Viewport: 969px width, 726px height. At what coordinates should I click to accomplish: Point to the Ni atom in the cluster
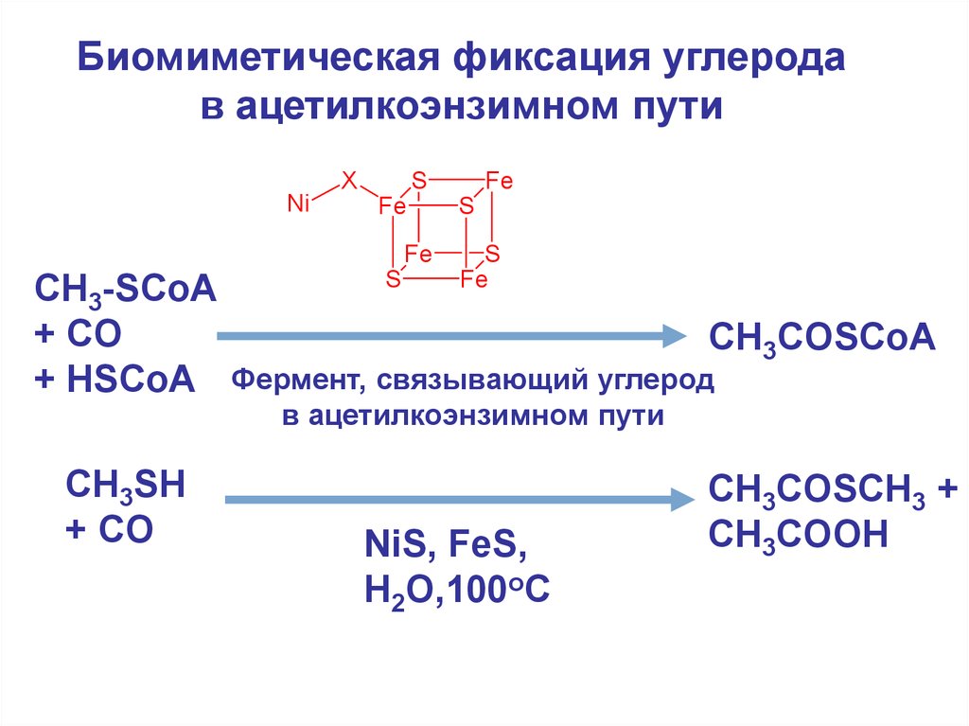coord(299,203)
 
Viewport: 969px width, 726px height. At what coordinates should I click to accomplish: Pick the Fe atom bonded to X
coord(391,204)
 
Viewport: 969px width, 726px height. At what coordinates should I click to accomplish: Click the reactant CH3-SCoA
coord(125,290)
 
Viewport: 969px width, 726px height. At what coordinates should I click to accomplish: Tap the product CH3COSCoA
coord(821,338)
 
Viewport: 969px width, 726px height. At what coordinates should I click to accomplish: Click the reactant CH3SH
coord(124,487)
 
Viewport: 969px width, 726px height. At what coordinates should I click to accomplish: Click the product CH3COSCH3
coord(816,492)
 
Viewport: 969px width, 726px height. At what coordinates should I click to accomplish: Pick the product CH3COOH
coord(798,536)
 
